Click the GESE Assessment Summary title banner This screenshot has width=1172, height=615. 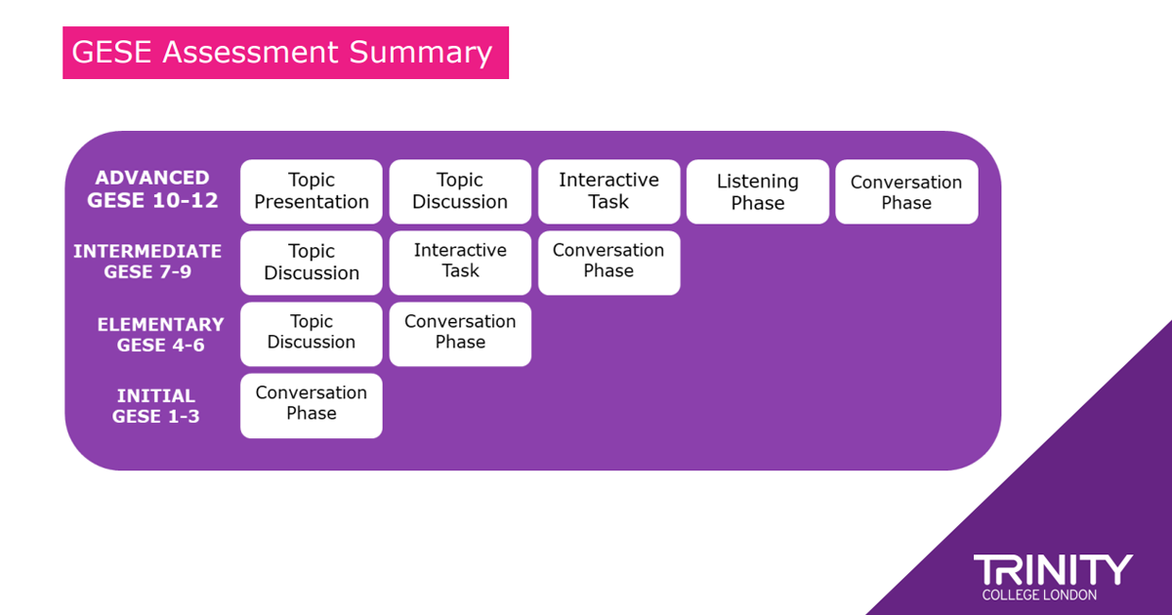[285, 53]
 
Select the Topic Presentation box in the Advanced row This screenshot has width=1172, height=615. [312, 191]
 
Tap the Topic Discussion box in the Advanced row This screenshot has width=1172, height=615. [460, 191]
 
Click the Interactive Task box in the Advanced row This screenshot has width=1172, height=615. [609, 191]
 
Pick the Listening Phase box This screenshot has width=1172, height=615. [758, 191]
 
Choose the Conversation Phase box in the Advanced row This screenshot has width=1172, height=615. [906, 191]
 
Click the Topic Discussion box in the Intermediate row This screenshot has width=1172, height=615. [312, 263]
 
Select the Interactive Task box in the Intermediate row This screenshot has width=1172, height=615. [460, 263]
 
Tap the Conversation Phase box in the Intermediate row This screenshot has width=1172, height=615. [609, 263]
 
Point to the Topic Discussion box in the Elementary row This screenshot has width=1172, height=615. [312, 334]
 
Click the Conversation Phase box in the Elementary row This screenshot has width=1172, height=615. [460, 334]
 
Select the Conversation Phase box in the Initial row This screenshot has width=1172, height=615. [312, 406]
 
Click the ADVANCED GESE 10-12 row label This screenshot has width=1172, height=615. [152, 189]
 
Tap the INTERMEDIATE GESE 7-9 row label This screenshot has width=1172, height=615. [147, 262]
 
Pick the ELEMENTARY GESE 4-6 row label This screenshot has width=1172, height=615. [160, 335]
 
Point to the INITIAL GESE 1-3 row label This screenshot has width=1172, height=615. [156, 406]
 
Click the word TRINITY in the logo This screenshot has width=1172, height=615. [1053, 570]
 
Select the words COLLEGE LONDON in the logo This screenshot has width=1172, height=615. [1039, 595]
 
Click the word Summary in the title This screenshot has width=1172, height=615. [421, 53]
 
